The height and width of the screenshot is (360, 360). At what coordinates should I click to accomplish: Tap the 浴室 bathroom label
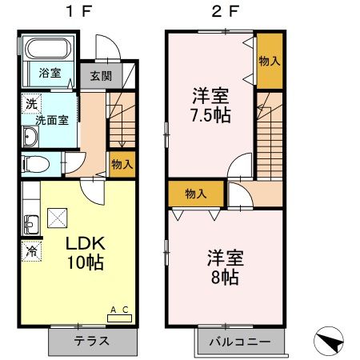(50, 74)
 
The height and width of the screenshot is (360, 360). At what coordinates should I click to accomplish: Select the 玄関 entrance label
(100, 76)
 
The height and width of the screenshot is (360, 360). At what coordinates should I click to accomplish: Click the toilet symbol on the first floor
(35, 164)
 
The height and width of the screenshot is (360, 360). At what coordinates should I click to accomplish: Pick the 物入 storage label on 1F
(122, 164)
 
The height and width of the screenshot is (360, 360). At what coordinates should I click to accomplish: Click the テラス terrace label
(92, 341)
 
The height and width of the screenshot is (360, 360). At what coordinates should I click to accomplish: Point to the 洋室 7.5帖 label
(211, 105)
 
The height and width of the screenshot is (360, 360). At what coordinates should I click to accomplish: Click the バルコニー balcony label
(240, 342)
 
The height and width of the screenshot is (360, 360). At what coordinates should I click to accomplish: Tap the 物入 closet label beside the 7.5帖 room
(269, 61)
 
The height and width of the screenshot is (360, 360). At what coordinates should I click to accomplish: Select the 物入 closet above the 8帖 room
(196, 194)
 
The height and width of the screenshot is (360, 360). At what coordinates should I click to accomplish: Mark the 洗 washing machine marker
(30, 103)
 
